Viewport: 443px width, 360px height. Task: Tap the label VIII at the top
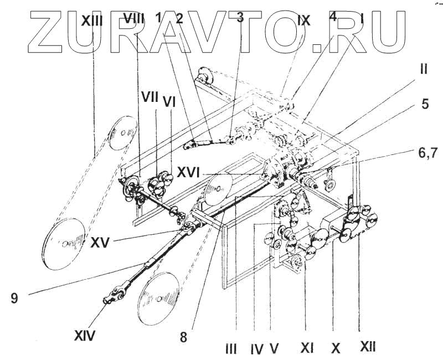[x=133, y=19]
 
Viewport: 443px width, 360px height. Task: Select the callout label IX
[x=304, y=20]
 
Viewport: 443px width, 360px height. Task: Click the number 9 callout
[x=14, y=298]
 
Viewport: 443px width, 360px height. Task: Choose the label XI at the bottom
[x=308, y=348]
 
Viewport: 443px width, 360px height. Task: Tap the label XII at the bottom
[x=368, y=347]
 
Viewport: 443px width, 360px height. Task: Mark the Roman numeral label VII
[x=149, y=99]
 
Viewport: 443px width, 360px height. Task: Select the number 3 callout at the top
[x=239, y=17]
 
